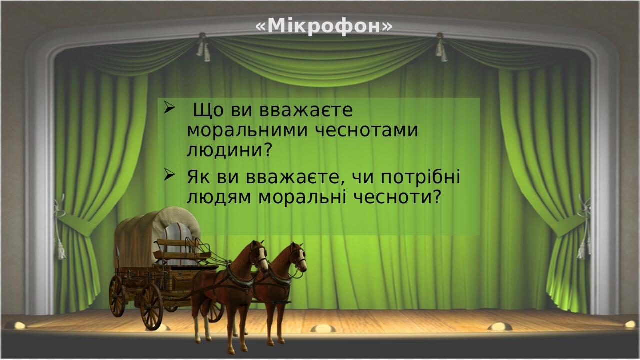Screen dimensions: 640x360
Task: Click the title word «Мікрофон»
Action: click(x=324, y=26)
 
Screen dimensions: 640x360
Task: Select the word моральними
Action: click(x=247, y=130)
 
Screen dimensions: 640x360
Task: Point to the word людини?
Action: click(x=229, y=150)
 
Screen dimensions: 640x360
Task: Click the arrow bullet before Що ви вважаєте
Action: click(x=169, y=108)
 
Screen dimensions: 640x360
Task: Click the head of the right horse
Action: click(x=299, y=257)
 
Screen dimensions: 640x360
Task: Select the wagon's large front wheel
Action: click(x=151, y=306)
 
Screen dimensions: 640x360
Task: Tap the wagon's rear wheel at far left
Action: click(x=117, y=296)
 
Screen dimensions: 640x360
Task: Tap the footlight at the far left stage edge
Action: click(x=19, y=325)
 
